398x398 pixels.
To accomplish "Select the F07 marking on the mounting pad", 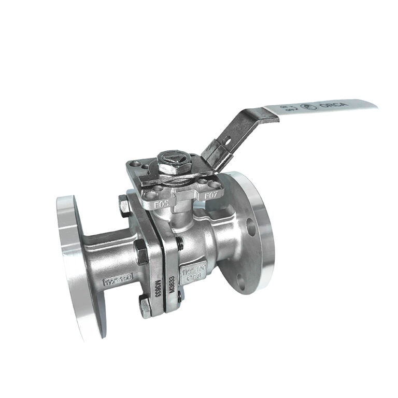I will (x=211, y=196).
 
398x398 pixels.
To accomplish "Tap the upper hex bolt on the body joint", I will (x=126, y=207).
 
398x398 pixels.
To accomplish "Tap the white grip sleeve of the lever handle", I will (x=320, y=107).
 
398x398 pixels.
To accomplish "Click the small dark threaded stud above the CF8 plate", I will (x=179, y=243).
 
